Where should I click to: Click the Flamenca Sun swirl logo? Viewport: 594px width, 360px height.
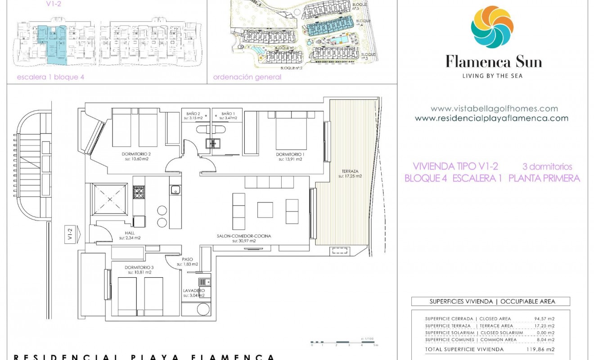[x=492, y=27]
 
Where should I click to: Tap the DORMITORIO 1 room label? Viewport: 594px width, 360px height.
[x=290, y=154]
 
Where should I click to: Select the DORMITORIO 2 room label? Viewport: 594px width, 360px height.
[x=136, y=154]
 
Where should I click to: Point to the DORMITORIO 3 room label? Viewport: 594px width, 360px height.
[x=139, y=267]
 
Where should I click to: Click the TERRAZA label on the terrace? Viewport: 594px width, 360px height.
[x=350, y=171]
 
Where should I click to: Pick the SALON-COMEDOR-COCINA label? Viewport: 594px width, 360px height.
[x=244, y=236]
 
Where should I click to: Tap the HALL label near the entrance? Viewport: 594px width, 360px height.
[x=130, y=233]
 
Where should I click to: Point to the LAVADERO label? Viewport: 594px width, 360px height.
[x=194, y=291]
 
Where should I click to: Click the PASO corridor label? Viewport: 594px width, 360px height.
[x=187, y=259]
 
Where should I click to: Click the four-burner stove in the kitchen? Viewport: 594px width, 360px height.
[x=138, y=193]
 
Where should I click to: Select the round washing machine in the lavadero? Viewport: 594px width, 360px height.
[x=204, y=310]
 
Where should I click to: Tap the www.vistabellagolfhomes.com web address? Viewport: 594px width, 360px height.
[x=494, y=108]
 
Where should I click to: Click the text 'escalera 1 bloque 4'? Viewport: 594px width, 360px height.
[x=50, y=77]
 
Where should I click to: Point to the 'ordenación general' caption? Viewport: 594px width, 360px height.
[x=247, y=77]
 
